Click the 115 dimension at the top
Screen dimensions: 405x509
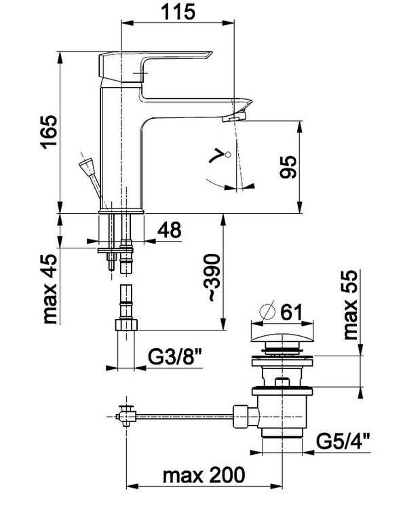click(178, 12)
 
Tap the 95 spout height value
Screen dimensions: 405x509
click(288, 167)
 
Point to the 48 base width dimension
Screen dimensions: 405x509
click(170, 230)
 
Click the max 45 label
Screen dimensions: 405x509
click(50, 288)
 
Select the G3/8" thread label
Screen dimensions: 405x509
click(175, 357)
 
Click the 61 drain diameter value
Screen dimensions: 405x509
click(291, 312)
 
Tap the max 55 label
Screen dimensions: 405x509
click(350, 305)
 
